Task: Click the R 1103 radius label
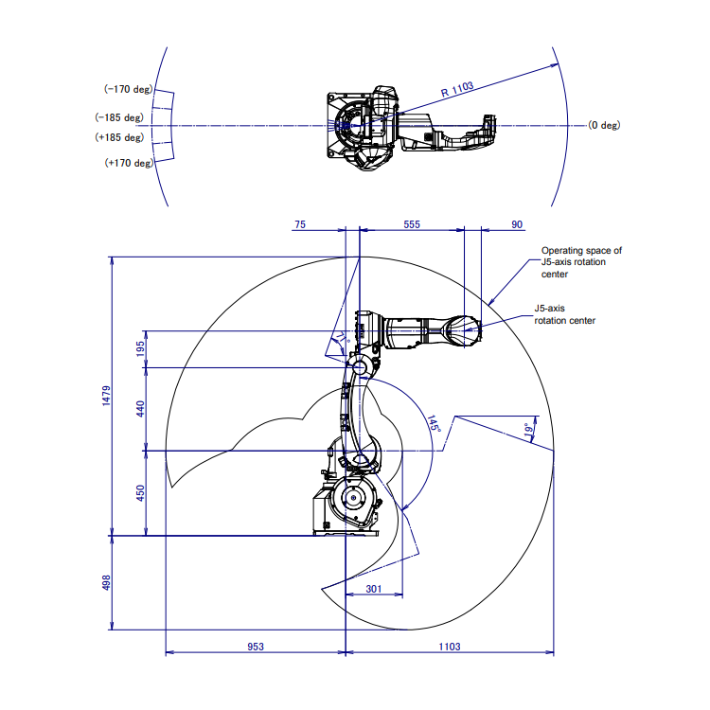click(457, 87)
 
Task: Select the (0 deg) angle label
click(603, 125)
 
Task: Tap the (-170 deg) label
click(128, 89)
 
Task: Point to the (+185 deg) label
click(118, 138)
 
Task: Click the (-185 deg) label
click(118, 117)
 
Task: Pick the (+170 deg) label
click(128, 163)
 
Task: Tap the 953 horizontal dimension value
click(255, 647)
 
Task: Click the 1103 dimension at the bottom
click(450, 647)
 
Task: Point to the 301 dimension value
click(373, 589)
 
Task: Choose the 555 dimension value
click(412, 224)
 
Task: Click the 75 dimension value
click(301, 224)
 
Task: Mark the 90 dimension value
click(517, 224)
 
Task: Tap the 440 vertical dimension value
click(141, 408)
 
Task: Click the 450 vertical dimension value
click(141, 493)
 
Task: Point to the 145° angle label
click(435, 423)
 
